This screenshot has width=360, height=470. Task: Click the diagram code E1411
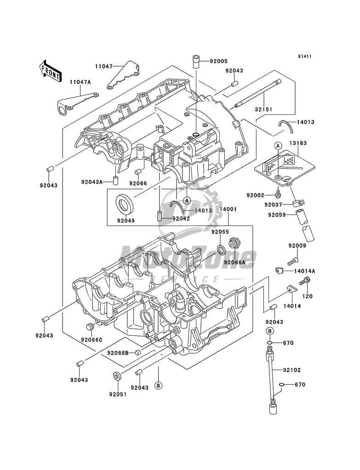click(304, 57)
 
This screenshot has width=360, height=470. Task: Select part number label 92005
click(218, 61)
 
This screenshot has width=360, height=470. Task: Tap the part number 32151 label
click(263, 109)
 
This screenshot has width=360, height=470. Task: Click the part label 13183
click(298, 143)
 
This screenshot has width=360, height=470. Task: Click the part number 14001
click(228, 209)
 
